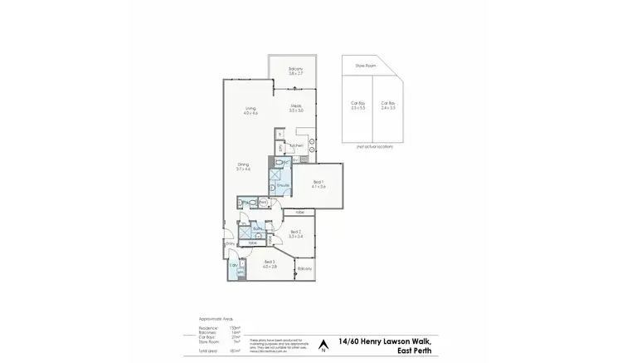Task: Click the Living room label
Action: coord(251,109)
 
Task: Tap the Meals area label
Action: coord(296,106)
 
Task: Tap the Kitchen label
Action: coord(297,145)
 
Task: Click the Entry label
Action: coord(230,244)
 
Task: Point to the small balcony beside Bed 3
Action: coord(304,267)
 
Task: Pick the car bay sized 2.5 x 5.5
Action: coord(357,105)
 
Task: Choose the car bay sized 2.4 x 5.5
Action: coord(388,105)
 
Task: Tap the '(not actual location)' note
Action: coord(373,146)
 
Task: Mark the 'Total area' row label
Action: coord(208,352)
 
